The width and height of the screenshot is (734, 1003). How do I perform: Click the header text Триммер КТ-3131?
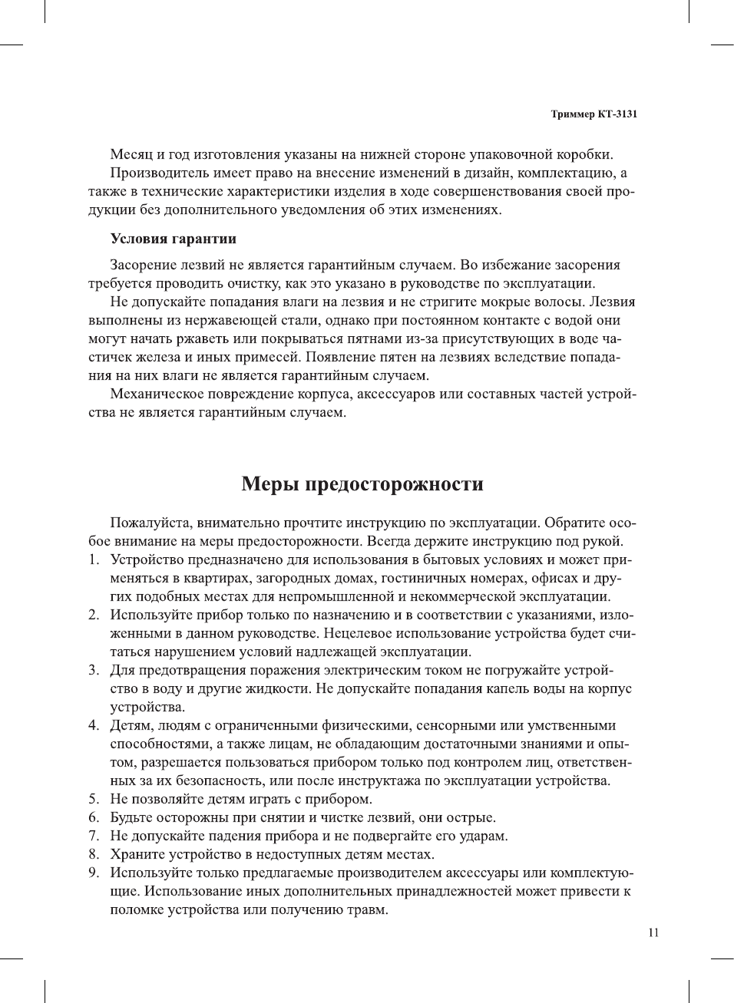tap(593, 114)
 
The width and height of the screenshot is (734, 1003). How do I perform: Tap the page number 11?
tap(653, 932)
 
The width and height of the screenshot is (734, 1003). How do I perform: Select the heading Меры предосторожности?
tap(362, 484)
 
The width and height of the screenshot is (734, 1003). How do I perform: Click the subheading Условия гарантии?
tap(173, 239)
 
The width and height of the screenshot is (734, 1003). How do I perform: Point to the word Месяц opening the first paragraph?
tap(131, 154)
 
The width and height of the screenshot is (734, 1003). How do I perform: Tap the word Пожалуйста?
tap(150, 523)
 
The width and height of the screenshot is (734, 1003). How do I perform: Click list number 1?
tap(93, 560)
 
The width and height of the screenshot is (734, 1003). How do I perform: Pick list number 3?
tap(93, 671)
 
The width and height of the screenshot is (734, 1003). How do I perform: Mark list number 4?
tap(93, 726)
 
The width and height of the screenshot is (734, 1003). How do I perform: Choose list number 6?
tap(93, 818)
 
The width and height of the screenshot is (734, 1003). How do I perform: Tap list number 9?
tap(93, 873)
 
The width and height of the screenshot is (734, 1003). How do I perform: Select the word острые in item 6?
tap(471, 818)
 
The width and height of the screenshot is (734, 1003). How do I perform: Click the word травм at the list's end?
tap(368, 910)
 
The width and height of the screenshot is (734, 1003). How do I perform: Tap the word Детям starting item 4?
tap(132, 726)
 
